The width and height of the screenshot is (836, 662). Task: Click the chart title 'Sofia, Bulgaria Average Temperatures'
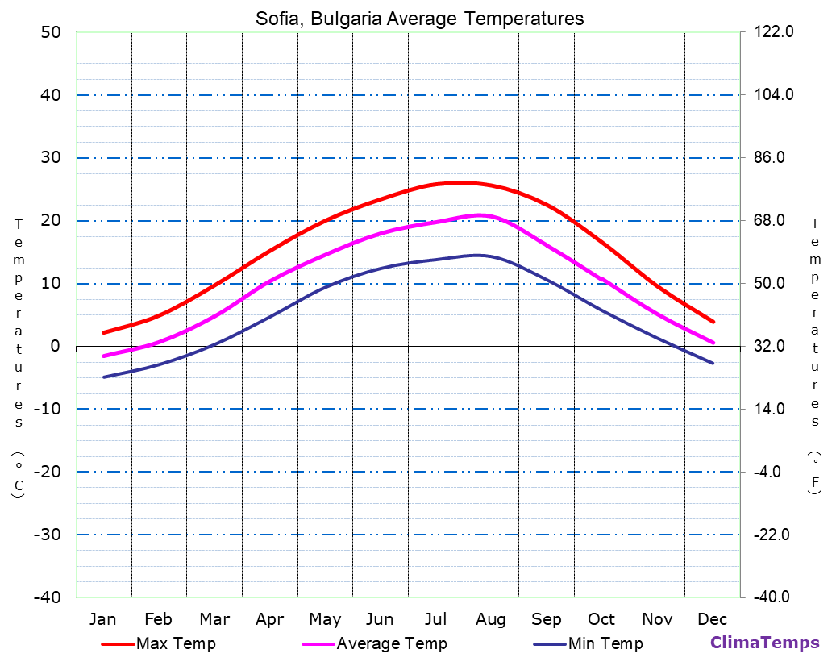[419, 19]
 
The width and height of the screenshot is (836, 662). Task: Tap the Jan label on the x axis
[102, 619]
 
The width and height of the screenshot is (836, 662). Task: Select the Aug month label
[490, 619]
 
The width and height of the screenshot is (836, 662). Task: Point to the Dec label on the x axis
[713, 619]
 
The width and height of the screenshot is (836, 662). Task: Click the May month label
[325, 619]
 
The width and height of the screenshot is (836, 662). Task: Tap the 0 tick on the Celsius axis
[55, 347]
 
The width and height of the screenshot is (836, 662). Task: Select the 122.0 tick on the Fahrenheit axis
[774, 32]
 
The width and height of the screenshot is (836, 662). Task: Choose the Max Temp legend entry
[176, 643]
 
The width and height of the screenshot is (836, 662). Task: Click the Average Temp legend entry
[391, 643]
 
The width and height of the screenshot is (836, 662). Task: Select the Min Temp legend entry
[605, 643]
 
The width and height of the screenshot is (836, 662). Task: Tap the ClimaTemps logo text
[764, 643]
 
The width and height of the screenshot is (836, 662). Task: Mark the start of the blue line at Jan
[104, 377]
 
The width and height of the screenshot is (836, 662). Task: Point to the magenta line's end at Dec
[713, 343]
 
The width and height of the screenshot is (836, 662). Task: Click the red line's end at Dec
[713, 322]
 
